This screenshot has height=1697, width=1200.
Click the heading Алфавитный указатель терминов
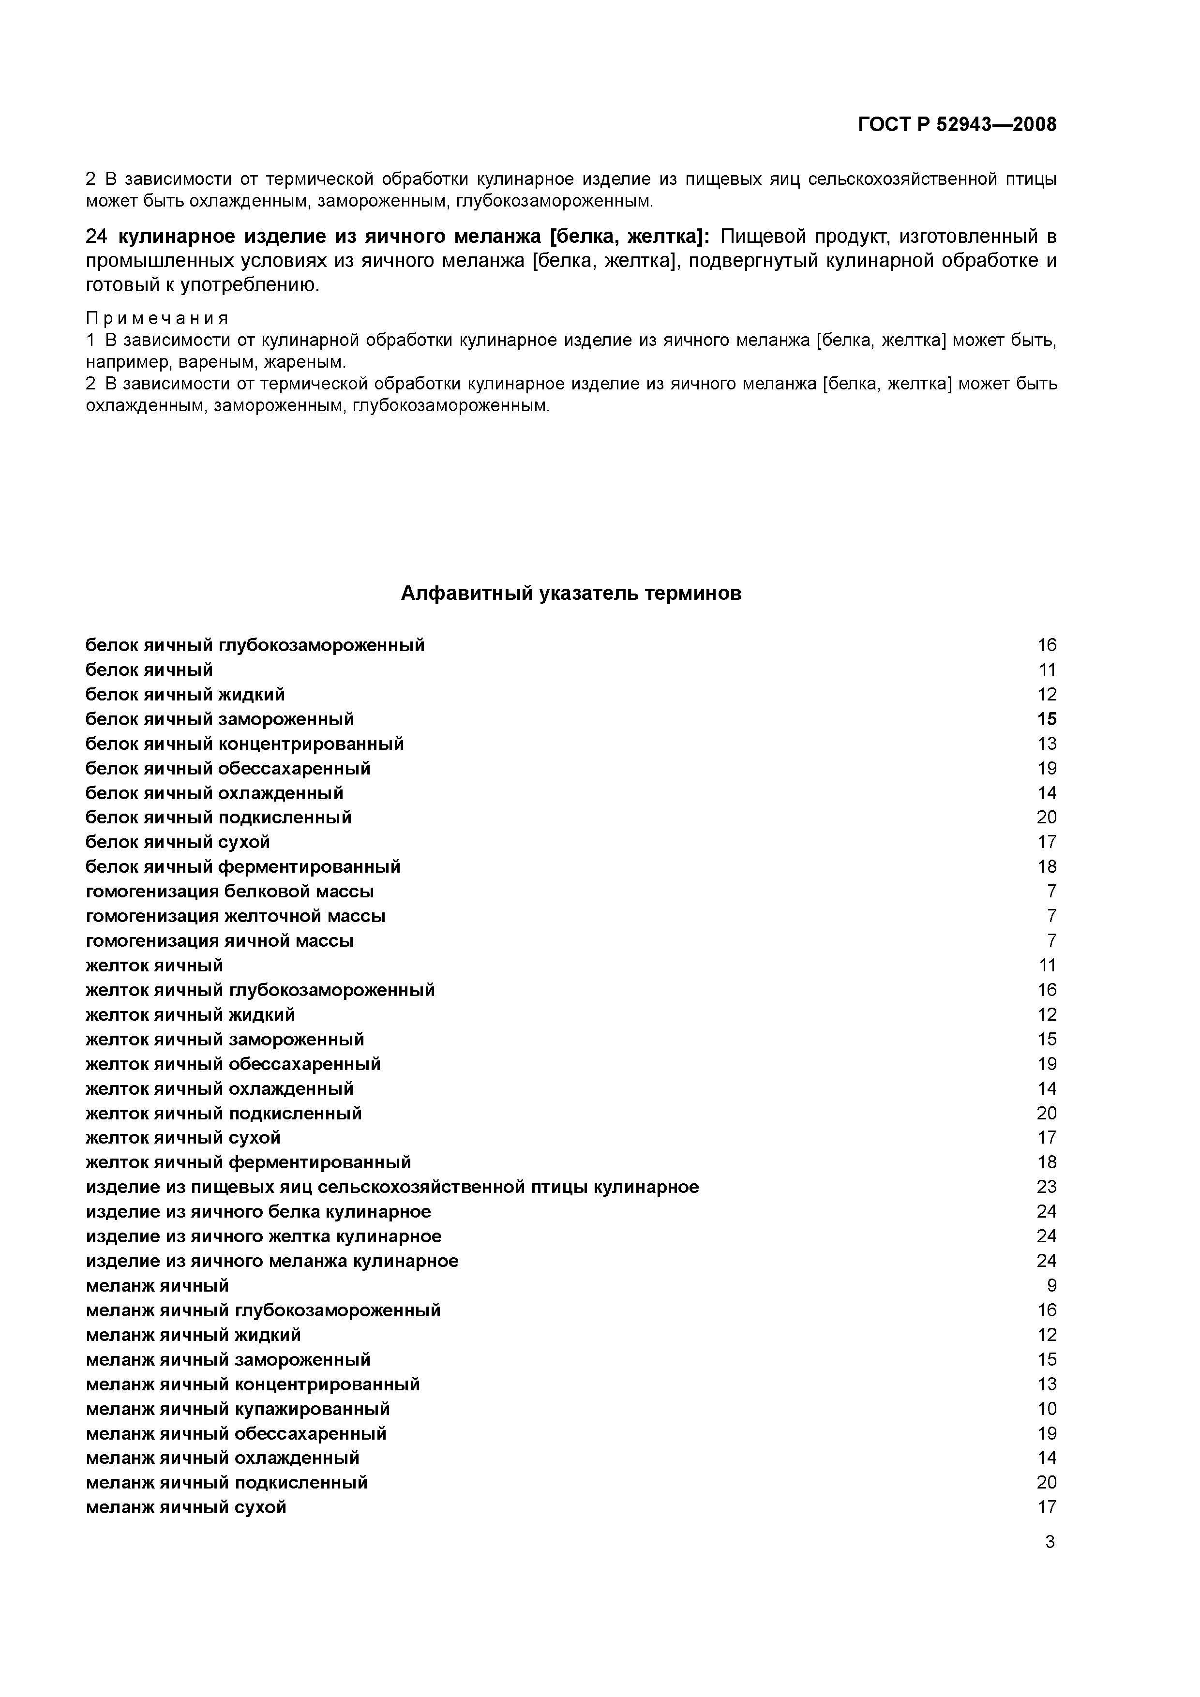coord(571,594)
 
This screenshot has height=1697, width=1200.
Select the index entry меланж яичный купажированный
coord(238,1409)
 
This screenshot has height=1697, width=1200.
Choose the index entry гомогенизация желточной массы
coord(236,917)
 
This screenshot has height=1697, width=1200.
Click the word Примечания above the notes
coord(157,319)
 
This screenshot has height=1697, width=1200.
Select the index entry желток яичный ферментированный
coord(248,1162)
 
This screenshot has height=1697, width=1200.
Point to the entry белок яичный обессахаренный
coord(228,769)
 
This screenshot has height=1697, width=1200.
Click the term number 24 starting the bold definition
coord(97,237)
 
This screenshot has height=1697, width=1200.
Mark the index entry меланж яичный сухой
coord(186,1507)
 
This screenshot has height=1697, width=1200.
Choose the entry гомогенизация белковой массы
coord(230,892)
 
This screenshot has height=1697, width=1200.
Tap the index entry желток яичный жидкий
coord(191,1015)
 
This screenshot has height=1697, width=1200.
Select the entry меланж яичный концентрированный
coord(253,1384)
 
